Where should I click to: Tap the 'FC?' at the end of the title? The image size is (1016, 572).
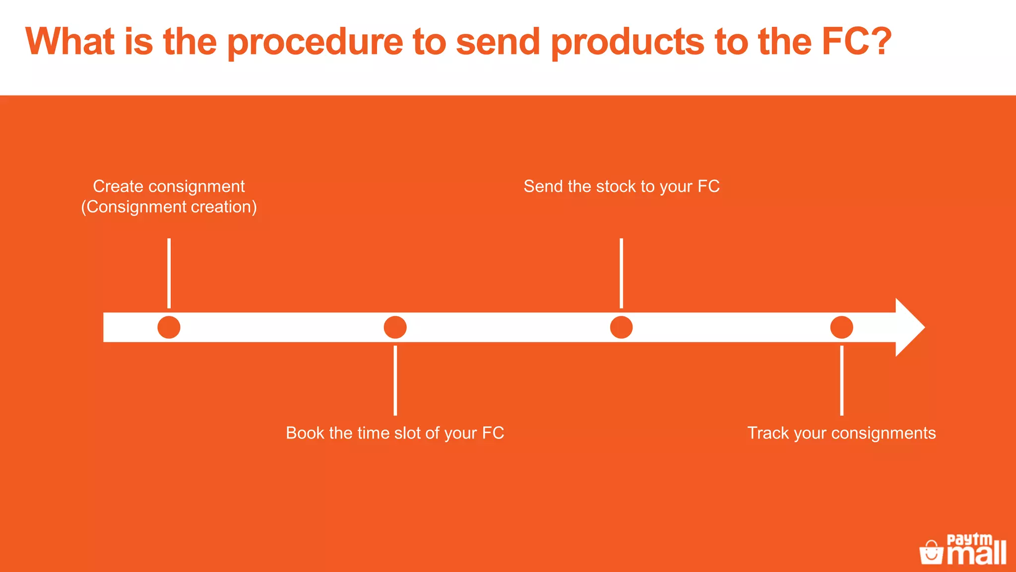coord(857,42)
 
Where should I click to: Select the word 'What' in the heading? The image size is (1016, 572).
coord(70,42)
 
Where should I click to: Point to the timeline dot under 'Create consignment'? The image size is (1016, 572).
coord(169,327)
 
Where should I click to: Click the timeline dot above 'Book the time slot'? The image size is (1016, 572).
coord(395,327)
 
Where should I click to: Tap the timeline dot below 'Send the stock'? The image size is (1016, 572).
coord(621,327)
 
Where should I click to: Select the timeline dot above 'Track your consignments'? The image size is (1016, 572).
coord(841,327)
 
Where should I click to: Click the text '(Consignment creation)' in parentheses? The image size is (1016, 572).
coord(169,207)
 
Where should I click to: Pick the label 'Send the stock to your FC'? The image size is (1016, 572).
coord(621,186)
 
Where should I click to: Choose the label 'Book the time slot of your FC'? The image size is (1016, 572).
coord(395,433)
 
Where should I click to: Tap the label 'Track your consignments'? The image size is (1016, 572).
coord(841,433)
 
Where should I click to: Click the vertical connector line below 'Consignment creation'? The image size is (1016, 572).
coord(169,273)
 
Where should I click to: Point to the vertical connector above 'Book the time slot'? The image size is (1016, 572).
coord(395,380)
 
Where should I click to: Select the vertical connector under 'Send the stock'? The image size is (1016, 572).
coord(621,273)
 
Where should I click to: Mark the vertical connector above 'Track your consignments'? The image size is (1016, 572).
coord(841,380)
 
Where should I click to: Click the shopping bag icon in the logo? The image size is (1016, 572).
coord(931,552)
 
